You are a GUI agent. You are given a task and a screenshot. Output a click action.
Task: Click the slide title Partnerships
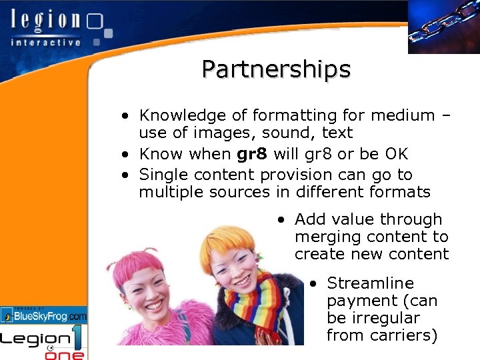[276, 69]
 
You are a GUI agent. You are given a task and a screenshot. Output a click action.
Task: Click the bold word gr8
[252, 154]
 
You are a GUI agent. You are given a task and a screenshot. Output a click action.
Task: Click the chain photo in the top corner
[443, 27]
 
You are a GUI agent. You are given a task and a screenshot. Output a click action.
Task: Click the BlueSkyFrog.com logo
[44, 315]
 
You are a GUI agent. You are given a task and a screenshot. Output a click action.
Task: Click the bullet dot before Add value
[283, 220]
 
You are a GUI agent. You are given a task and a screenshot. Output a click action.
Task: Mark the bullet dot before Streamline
[315, 284]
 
